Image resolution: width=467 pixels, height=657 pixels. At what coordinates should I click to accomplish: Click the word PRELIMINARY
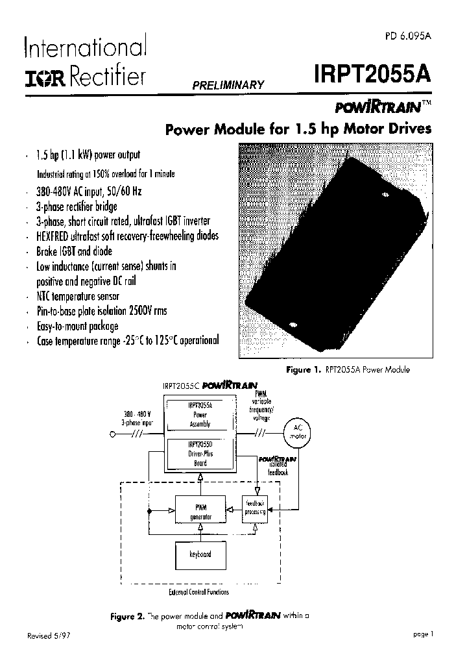227,85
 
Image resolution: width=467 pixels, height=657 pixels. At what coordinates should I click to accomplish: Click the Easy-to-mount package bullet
78,325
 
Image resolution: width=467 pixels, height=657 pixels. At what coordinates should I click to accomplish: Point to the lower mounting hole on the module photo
293,325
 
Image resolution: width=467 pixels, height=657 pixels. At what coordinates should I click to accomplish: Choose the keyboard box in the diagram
200,554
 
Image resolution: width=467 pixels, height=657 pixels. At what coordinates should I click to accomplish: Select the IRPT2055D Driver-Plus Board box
200,454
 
